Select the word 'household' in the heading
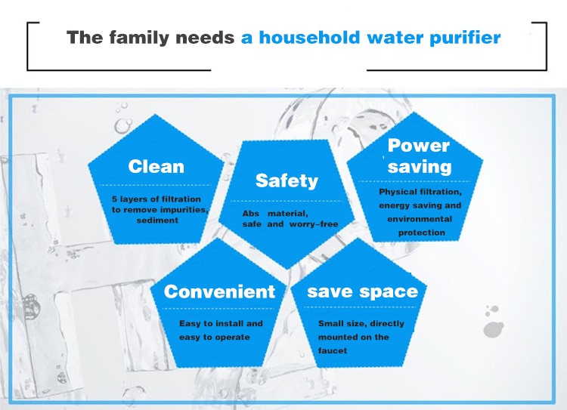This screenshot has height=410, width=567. pyautogui.click(x=309, y=38)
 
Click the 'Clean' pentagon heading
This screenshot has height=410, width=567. pyautogui.click(x=156, y=167)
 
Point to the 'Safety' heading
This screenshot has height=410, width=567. pyautogui.click(x=287, y=180)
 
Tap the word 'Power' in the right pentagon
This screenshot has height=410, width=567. pyautogui.click(x=418, y=146)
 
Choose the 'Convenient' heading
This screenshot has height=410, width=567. pyautogui.click(x=219, y=291)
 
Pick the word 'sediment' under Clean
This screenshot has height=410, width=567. pyautogui.click(x=157, y=220)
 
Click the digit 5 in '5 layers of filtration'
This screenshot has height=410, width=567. pyautogui.click(x=114, y=199)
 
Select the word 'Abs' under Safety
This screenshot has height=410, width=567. pyautogui.click(x=250, y=214)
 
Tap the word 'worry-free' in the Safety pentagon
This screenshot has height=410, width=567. pyautogui.click(x=314, y=224)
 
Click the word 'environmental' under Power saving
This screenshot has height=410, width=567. pyautogui.click(x=420, y=219)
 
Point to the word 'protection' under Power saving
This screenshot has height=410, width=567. pyautogui.click(x=422, y=233)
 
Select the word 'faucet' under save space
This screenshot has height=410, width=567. pyautogui.click(x=333, y=351)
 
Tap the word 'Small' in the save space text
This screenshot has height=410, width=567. pyautogui.click(x=329, y=324)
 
